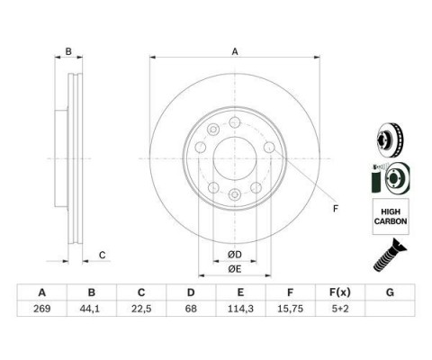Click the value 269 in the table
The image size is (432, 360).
pyautogui.click(x=42, y=309)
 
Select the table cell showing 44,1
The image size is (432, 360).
pyautogui.click(x=92, y=309)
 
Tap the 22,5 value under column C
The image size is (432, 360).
pyautogui.click(x=141, y=309)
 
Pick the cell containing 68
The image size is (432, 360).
pyautogui.click(x=191, y=309)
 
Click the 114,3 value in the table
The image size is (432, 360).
pyautogui.click(x=240, y=309)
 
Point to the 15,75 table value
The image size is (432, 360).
pyautogui.click(x=290, y=309)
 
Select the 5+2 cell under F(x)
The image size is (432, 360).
pyautogui.click(x=340, y=309)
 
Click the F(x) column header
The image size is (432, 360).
pyautogui.click(x=340, y=292)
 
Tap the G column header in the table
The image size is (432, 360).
pyautogui.click(x=390, y=292)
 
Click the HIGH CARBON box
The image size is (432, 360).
pyautogui.click(x=391, y=216)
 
